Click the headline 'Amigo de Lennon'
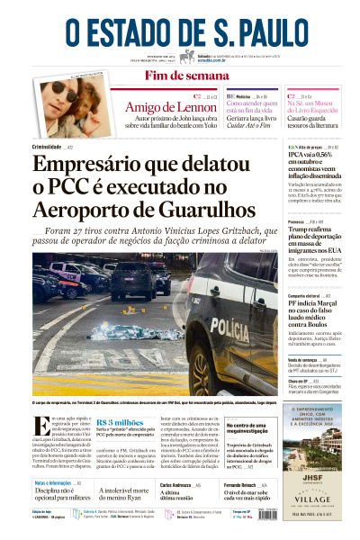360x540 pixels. (x=164, y=107)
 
